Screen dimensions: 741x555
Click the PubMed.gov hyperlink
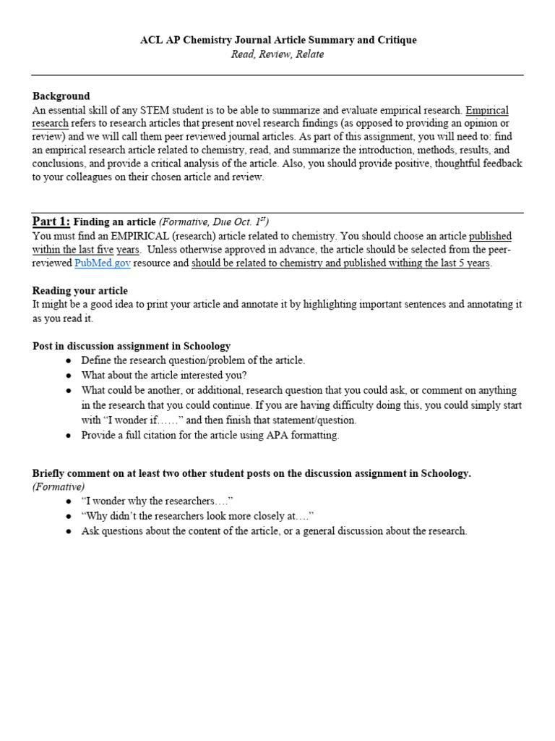pos(103,263)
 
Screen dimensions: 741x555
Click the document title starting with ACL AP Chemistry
pos(278,41)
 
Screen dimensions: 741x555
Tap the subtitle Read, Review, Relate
pos(278,54)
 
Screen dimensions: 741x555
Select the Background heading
pos(61,96)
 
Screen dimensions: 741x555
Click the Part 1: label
pos(51,221)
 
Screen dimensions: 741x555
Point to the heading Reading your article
pos(80,291)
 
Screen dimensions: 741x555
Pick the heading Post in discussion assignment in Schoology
pos(132,347)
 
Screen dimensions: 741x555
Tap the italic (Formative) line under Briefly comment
pos(59,487)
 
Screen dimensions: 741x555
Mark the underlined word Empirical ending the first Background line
pos(487,111)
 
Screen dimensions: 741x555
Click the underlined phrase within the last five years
pos(87,250)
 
